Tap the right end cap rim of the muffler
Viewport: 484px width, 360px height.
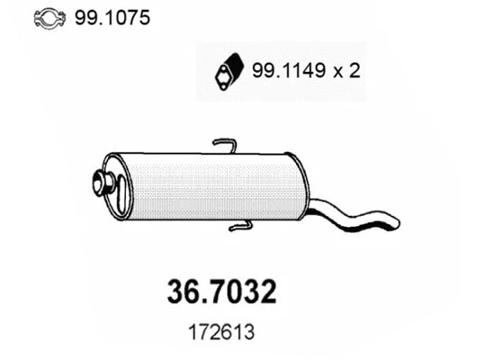pos(302,187)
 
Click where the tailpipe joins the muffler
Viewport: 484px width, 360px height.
pos(310,205)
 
